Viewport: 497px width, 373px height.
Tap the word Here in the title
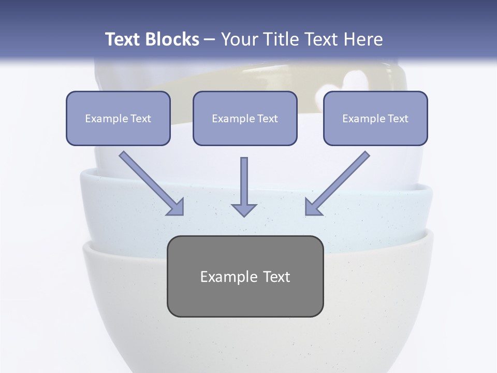(x=364, y=39)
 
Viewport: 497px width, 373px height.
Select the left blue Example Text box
(x=118, y=118)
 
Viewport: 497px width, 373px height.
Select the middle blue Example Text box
(x=245, y=118)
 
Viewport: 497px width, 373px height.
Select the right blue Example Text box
(x=375, y=118)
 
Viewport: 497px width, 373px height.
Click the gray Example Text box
(x=245, y=276)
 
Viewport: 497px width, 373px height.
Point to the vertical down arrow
(x=244, y=184)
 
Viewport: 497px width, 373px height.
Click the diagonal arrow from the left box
(x=150, y=182)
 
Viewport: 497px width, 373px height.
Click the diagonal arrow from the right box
(x=339, y=182)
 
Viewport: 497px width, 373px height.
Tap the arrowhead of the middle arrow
(x=244, y=209)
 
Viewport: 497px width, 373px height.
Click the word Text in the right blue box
(x=398, y=119)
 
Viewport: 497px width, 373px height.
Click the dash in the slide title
(x=210, y=40)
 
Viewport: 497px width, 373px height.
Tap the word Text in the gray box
(x=277, y=277)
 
